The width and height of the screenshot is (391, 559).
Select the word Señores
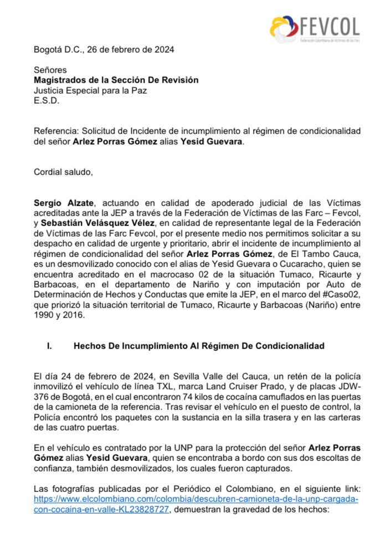coord(50,70)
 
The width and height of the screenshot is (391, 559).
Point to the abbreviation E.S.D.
coord(46,100)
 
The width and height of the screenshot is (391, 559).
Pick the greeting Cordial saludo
coord(63,172)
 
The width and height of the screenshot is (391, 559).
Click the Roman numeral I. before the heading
coord(49,346)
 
